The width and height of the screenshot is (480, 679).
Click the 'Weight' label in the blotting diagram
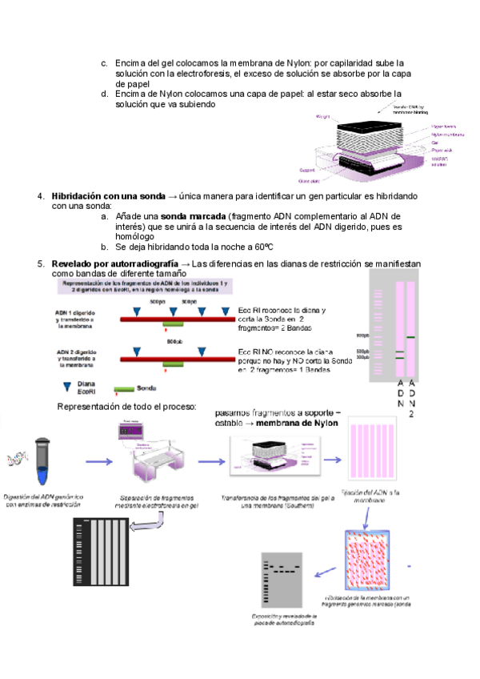[x=323, y=117]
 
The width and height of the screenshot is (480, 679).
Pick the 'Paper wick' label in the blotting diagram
[x=442, y=150]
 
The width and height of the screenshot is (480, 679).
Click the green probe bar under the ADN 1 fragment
[x=173, y=323]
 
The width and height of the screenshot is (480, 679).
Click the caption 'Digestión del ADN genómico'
[x=45, y=496]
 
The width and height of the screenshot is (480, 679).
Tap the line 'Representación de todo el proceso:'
[x=126, y=407]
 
